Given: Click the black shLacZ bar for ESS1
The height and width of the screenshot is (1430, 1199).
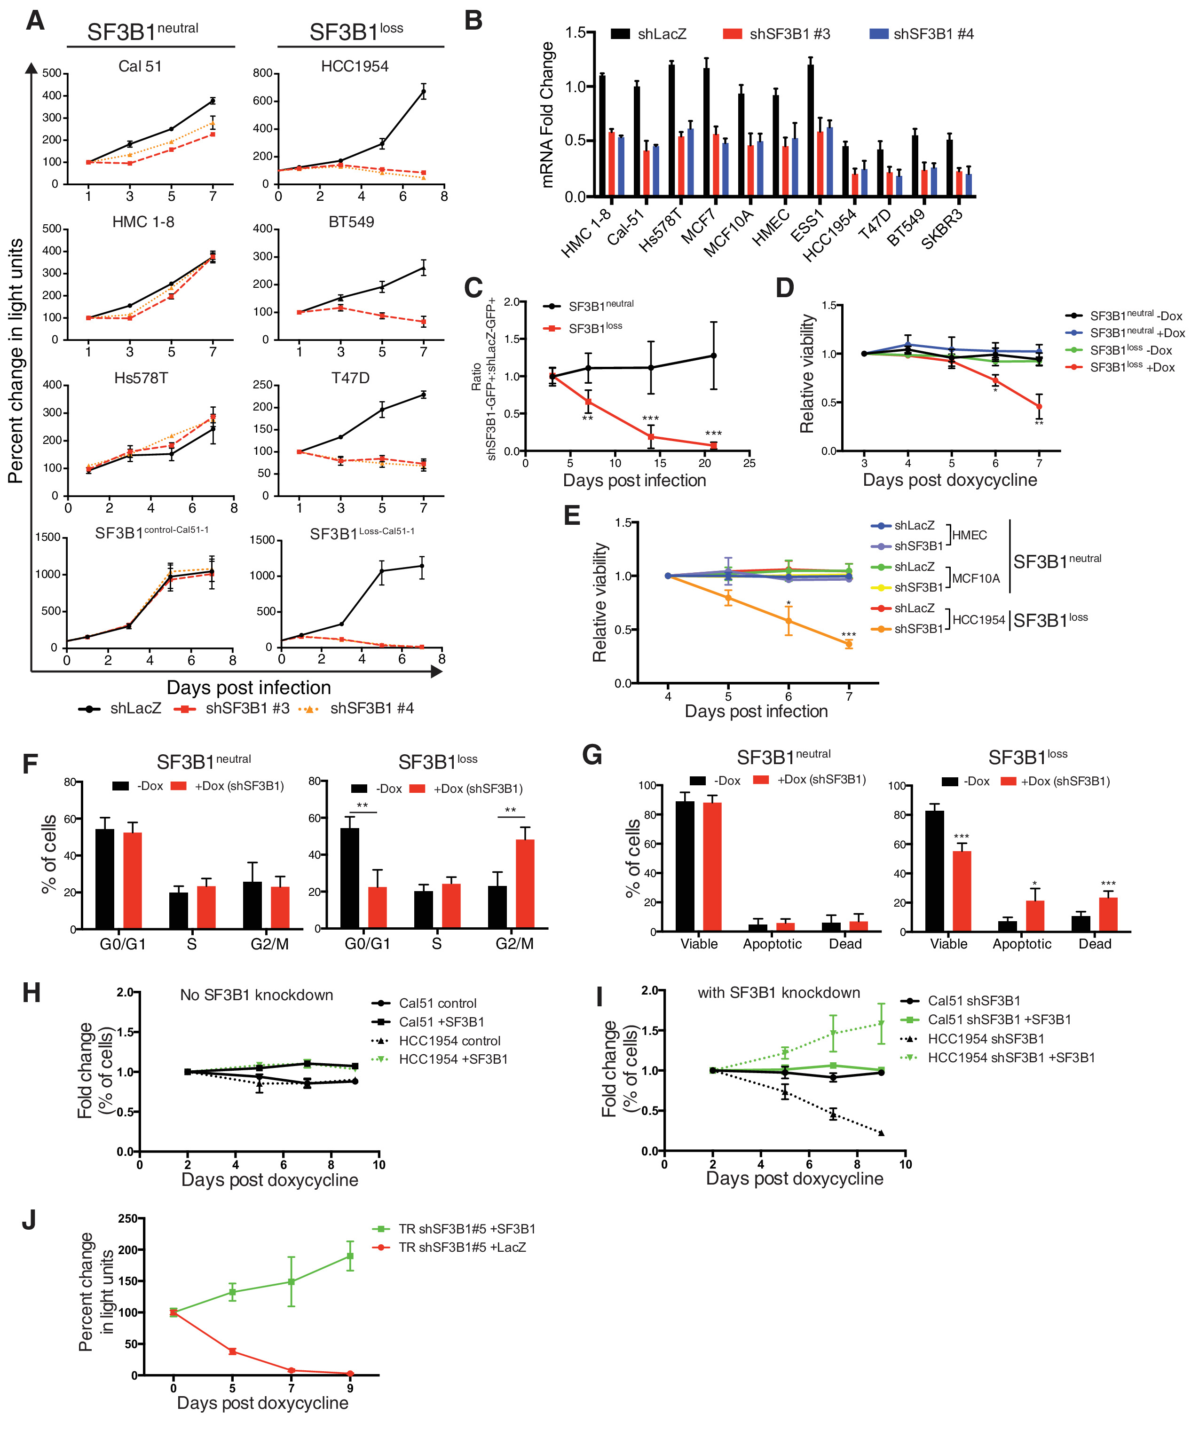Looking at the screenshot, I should tap(810, 131).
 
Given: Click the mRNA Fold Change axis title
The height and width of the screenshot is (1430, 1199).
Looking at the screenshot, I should tap(547, 114).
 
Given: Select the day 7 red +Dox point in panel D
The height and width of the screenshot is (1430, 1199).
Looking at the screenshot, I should tap(1039, 407).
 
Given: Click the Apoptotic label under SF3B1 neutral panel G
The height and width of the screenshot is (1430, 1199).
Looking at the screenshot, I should tap(772, 944).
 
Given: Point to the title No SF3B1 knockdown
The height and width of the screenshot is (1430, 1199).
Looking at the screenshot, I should tap(257, 995).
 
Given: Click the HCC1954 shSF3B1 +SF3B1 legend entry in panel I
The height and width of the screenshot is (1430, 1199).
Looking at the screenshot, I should tap(1011, 1058).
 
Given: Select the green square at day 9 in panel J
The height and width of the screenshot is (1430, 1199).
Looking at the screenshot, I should tap(350, 1256).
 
